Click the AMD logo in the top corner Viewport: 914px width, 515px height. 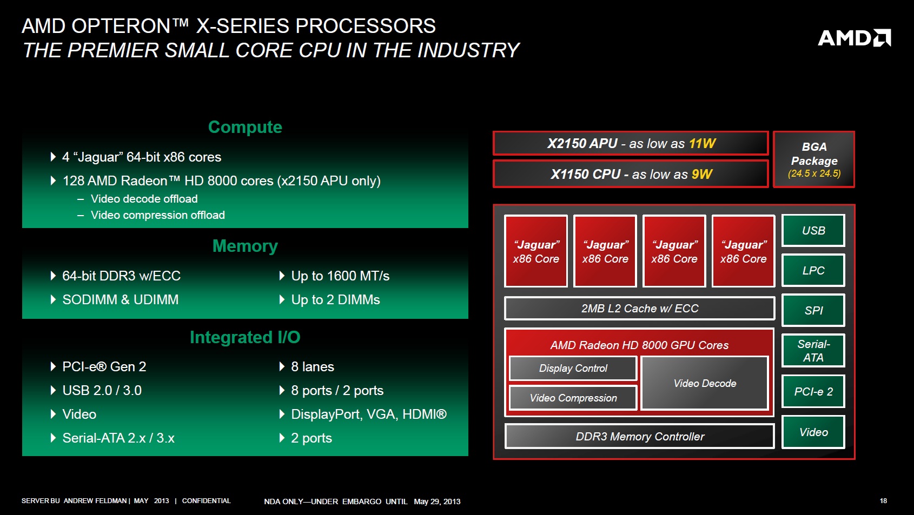pos(855,38)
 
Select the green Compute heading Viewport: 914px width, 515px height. pos(245,127)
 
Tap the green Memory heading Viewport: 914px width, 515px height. pos(245,246)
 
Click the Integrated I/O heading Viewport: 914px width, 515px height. pos(245,337)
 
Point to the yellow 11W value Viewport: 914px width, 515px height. pos(702,144)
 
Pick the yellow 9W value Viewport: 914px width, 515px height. pos(702,174)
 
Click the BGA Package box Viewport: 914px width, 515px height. pos(814,159)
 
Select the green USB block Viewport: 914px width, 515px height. pos(813,230)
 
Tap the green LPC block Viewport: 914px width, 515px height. pos(813,270)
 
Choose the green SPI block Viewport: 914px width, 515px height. pos(813,310)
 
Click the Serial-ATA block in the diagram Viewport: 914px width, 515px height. pos(813,351)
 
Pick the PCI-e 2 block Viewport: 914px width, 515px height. pos(813,391)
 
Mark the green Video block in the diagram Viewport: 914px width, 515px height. pos(813,432)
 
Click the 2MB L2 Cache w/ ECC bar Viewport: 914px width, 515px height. pos(639,308)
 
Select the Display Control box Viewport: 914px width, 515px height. pos(573,368)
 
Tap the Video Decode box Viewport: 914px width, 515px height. pos(705,383)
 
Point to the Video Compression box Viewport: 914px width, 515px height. pos(573,398)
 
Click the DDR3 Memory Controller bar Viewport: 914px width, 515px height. pos(639,436)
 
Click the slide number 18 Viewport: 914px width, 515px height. pos(883,501)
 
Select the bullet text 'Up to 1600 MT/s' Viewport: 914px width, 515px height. pos(340,276)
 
